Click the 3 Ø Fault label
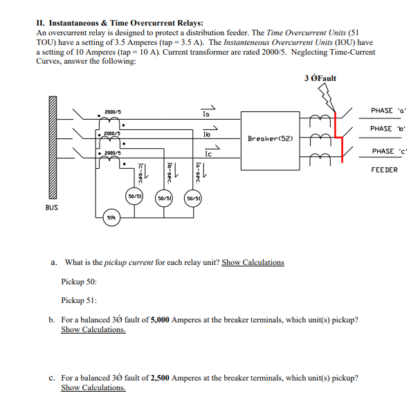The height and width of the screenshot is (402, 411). coord(320,77)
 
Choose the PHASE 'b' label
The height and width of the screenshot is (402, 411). coord(382,129)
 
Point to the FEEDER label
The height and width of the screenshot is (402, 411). coord(384,170)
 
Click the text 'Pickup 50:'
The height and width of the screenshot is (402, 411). coord(79,282)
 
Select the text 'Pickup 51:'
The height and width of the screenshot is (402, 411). coord(79,301)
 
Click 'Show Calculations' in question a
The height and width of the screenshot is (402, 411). coord(253,262)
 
